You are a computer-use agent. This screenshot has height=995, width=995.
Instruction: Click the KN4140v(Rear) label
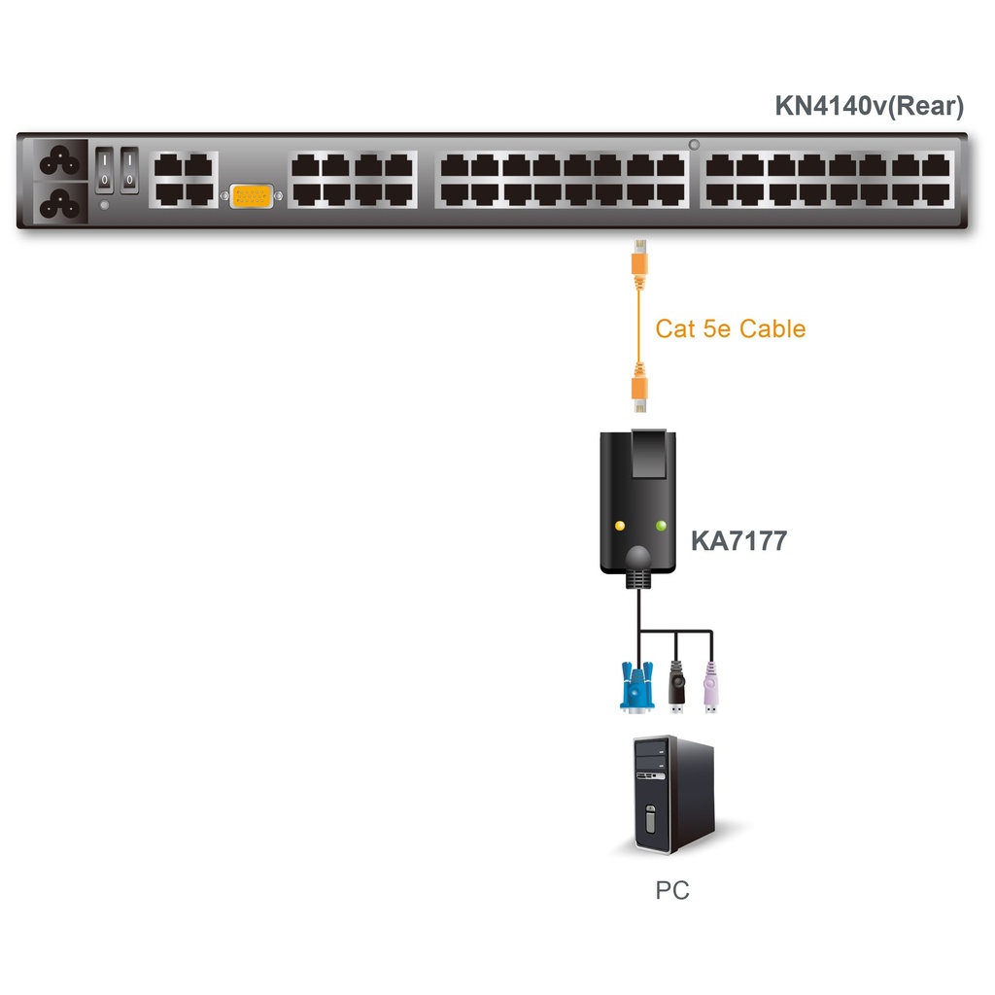pyautogui.click(x=869, y=106)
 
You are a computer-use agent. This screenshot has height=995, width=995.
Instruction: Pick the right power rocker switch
pyautogui.click(x=129, y=167)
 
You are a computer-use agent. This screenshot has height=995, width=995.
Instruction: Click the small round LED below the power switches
pyautogui.click(x=105, y=205)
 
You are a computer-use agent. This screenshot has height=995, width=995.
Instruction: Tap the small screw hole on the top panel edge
pyautogui.click(x=694, y=145)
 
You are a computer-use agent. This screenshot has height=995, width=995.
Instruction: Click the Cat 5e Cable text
pyautogui.click(x=730, y=328)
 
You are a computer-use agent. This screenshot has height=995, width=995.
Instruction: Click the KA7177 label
pyautogui.click(x=738, y=540)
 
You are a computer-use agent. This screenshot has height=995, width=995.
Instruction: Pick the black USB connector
pyautogui.click(x=677, y=687)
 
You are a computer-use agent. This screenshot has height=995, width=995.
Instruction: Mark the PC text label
pyautogui.click(x=672, y=889)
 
